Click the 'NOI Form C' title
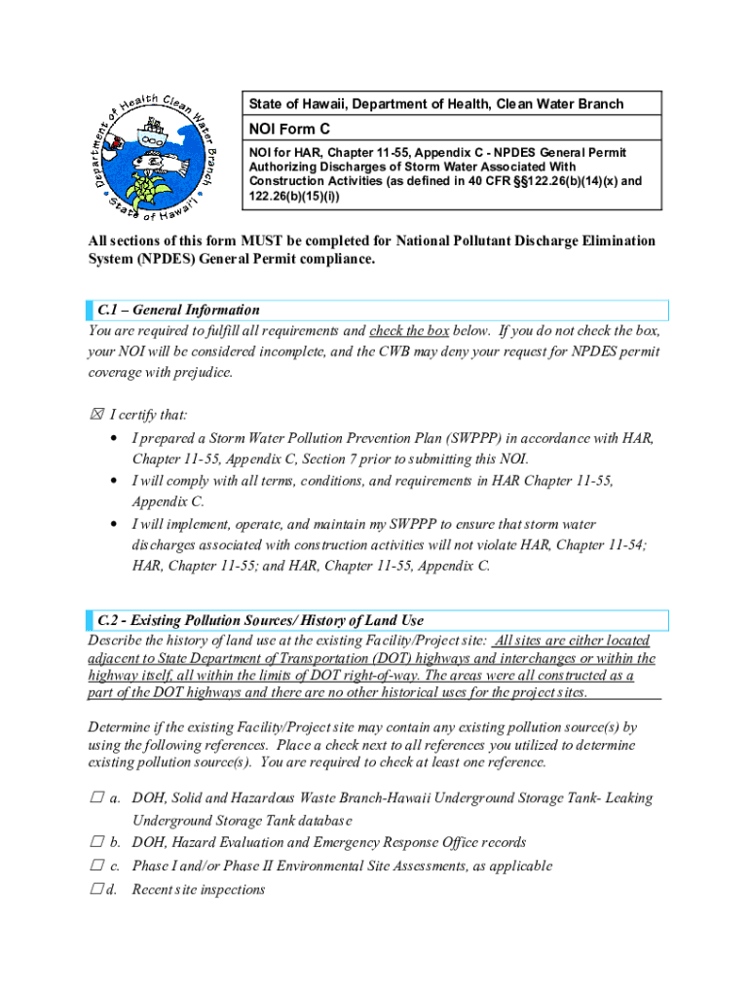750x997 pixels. [289, 129]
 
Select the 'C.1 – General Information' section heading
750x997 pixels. [178, 311]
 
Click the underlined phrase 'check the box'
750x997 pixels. [409, 331]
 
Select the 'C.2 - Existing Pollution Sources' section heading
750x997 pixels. [260, 620]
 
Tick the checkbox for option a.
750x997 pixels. [95, 798]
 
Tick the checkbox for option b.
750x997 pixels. [95, 843]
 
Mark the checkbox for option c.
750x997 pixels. [95, 867]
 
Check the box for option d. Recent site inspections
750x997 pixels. [95, 889]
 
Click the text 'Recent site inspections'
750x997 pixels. [198, 889]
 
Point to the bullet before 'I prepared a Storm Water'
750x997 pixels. [116, 439]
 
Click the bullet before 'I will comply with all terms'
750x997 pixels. [116, 481]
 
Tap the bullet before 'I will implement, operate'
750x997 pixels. [116, 524]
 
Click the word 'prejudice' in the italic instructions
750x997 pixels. [198, 372]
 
